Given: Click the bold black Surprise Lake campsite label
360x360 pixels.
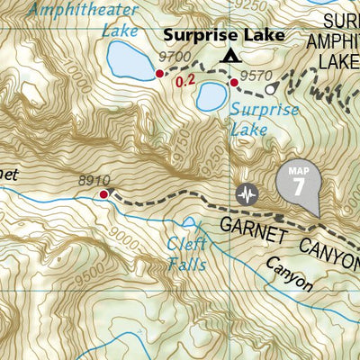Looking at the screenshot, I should coord(223,35).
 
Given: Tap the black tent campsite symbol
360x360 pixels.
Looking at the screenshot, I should coord(231,57).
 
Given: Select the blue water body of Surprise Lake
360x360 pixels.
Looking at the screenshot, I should coord(211,94).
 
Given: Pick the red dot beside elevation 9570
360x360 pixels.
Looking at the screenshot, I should coord(233,83).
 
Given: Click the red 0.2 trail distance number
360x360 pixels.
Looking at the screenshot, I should coord(186,82).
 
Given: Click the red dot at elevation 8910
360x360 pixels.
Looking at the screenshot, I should coord(103,193).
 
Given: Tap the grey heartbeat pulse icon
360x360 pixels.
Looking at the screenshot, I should coord(247,193).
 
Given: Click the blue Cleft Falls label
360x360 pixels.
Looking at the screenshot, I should coord(187,253).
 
